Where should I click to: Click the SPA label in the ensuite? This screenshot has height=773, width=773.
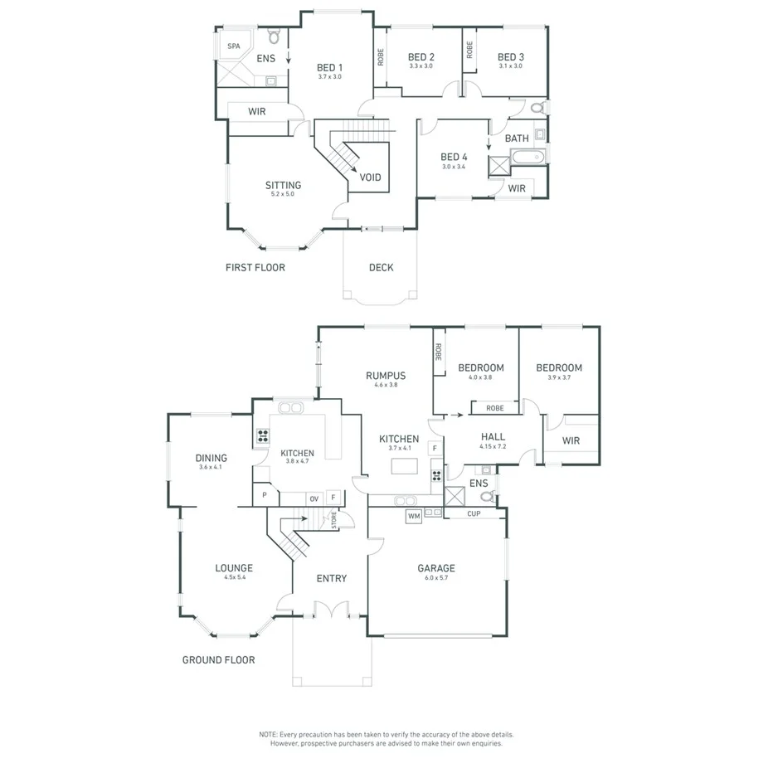(x=233, y=46)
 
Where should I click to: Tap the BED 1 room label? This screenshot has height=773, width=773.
(x=329, y=67)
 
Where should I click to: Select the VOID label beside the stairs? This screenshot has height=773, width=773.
(x=370, y=177)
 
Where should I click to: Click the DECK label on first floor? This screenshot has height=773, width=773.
(x=381, y=267)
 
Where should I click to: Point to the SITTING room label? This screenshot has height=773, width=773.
(x=283, y=185)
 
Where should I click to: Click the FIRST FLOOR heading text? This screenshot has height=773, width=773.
(x=255, y=268)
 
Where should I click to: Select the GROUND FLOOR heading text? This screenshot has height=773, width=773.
(x=218, y=660)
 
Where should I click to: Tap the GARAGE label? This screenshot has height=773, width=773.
(x=435, y=568)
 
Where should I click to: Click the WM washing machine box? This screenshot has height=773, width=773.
(x=413, y=517)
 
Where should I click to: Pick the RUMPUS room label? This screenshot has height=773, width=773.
(x=386, y=376)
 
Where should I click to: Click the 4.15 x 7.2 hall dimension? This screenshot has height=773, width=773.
(x=492, y=446)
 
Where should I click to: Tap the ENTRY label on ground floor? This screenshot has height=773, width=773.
(x=332, y=578)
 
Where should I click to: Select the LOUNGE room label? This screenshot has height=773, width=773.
(x=234, y=568)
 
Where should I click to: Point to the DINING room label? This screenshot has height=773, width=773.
(x=211, y=458)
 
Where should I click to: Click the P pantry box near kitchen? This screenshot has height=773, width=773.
(x=264, y=495)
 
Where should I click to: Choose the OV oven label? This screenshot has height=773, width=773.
(x=314, y=498)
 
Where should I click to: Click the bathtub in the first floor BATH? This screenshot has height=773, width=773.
(x=525, y=156)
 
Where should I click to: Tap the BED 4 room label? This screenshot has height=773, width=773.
(x=454, y=157)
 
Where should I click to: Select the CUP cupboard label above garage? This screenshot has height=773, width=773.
(x=474, y=514)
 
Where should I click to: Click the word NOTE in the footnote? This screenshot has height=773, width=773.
(x=268, y=735)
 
